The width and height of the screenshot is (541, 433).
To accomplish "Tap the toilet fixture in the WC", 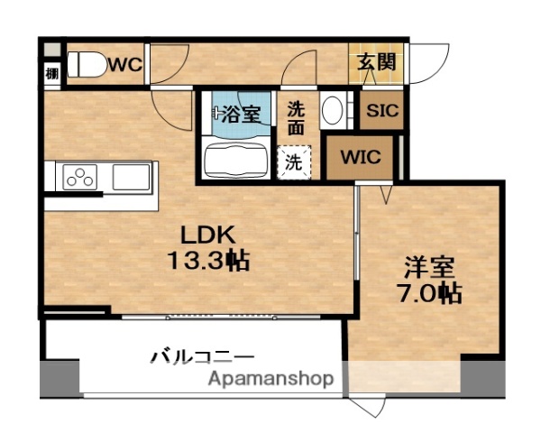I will pyautogui.click(x=88, y=64).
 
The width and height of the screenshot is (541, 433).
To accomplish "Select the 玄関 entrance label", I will pyautogui.click(x=376, y=63).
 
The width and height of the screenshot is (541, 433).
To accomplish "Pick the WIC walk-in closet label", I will pyautogui.click(x=360, y=157).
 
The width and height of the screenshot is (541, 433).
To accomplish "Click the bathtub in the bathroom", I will pyautogui.click(x=236, y=161).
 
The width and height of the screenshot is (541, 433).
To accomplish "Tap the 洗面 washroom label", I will pyautogui.click(x=298, y=119).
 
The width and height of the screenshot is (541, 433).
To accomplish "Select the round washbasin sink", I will pyautogui.click(x=332, y=112).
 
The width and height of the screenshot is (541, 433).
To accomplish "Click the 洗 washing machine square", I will pyautogui.click(x=295, y=163).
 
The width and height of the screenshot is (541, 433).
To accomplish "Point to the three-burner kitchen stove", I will pyautogui.click(x=78, y=178).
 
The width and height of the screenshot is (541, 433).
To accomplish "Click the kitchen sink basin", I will pyautogui.click(x=131, y=177).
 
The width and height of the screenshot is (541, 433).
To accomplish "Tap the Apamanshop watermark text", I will pyautogui.click(x=270, y=379).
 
